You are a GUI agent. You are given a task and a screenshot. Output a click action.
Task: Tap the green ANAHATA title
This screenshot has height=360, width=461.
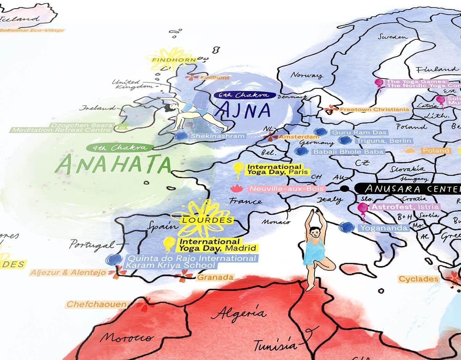114,164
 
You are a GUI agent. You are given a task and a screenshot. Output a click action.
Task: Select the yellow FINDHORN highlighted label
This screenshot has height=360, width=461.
174,60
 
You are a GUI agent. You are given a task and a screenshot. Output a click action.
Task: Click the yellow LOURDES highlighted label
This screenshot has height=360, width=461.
207,220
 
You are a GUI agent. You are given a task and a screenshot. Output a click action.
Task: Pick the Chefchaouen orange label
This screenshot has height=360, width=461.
96,304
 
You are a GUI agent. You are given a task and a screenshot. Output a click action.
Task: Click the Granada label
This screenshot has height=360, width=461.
215,277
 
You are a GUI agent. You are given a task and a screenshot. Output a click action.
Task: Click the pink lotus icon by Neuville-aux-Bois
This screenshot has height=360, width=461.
237,188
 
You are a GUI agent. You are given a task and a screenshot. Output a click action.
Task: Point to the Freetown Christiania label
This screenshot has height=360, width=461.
374,109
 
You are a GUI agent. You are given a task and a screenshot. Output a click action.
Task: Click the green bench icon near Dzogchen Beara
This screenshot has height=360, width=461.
121,126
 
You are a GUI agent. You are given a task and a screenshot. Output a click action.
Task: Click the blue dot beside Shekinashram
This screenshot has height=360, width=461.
181,136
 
